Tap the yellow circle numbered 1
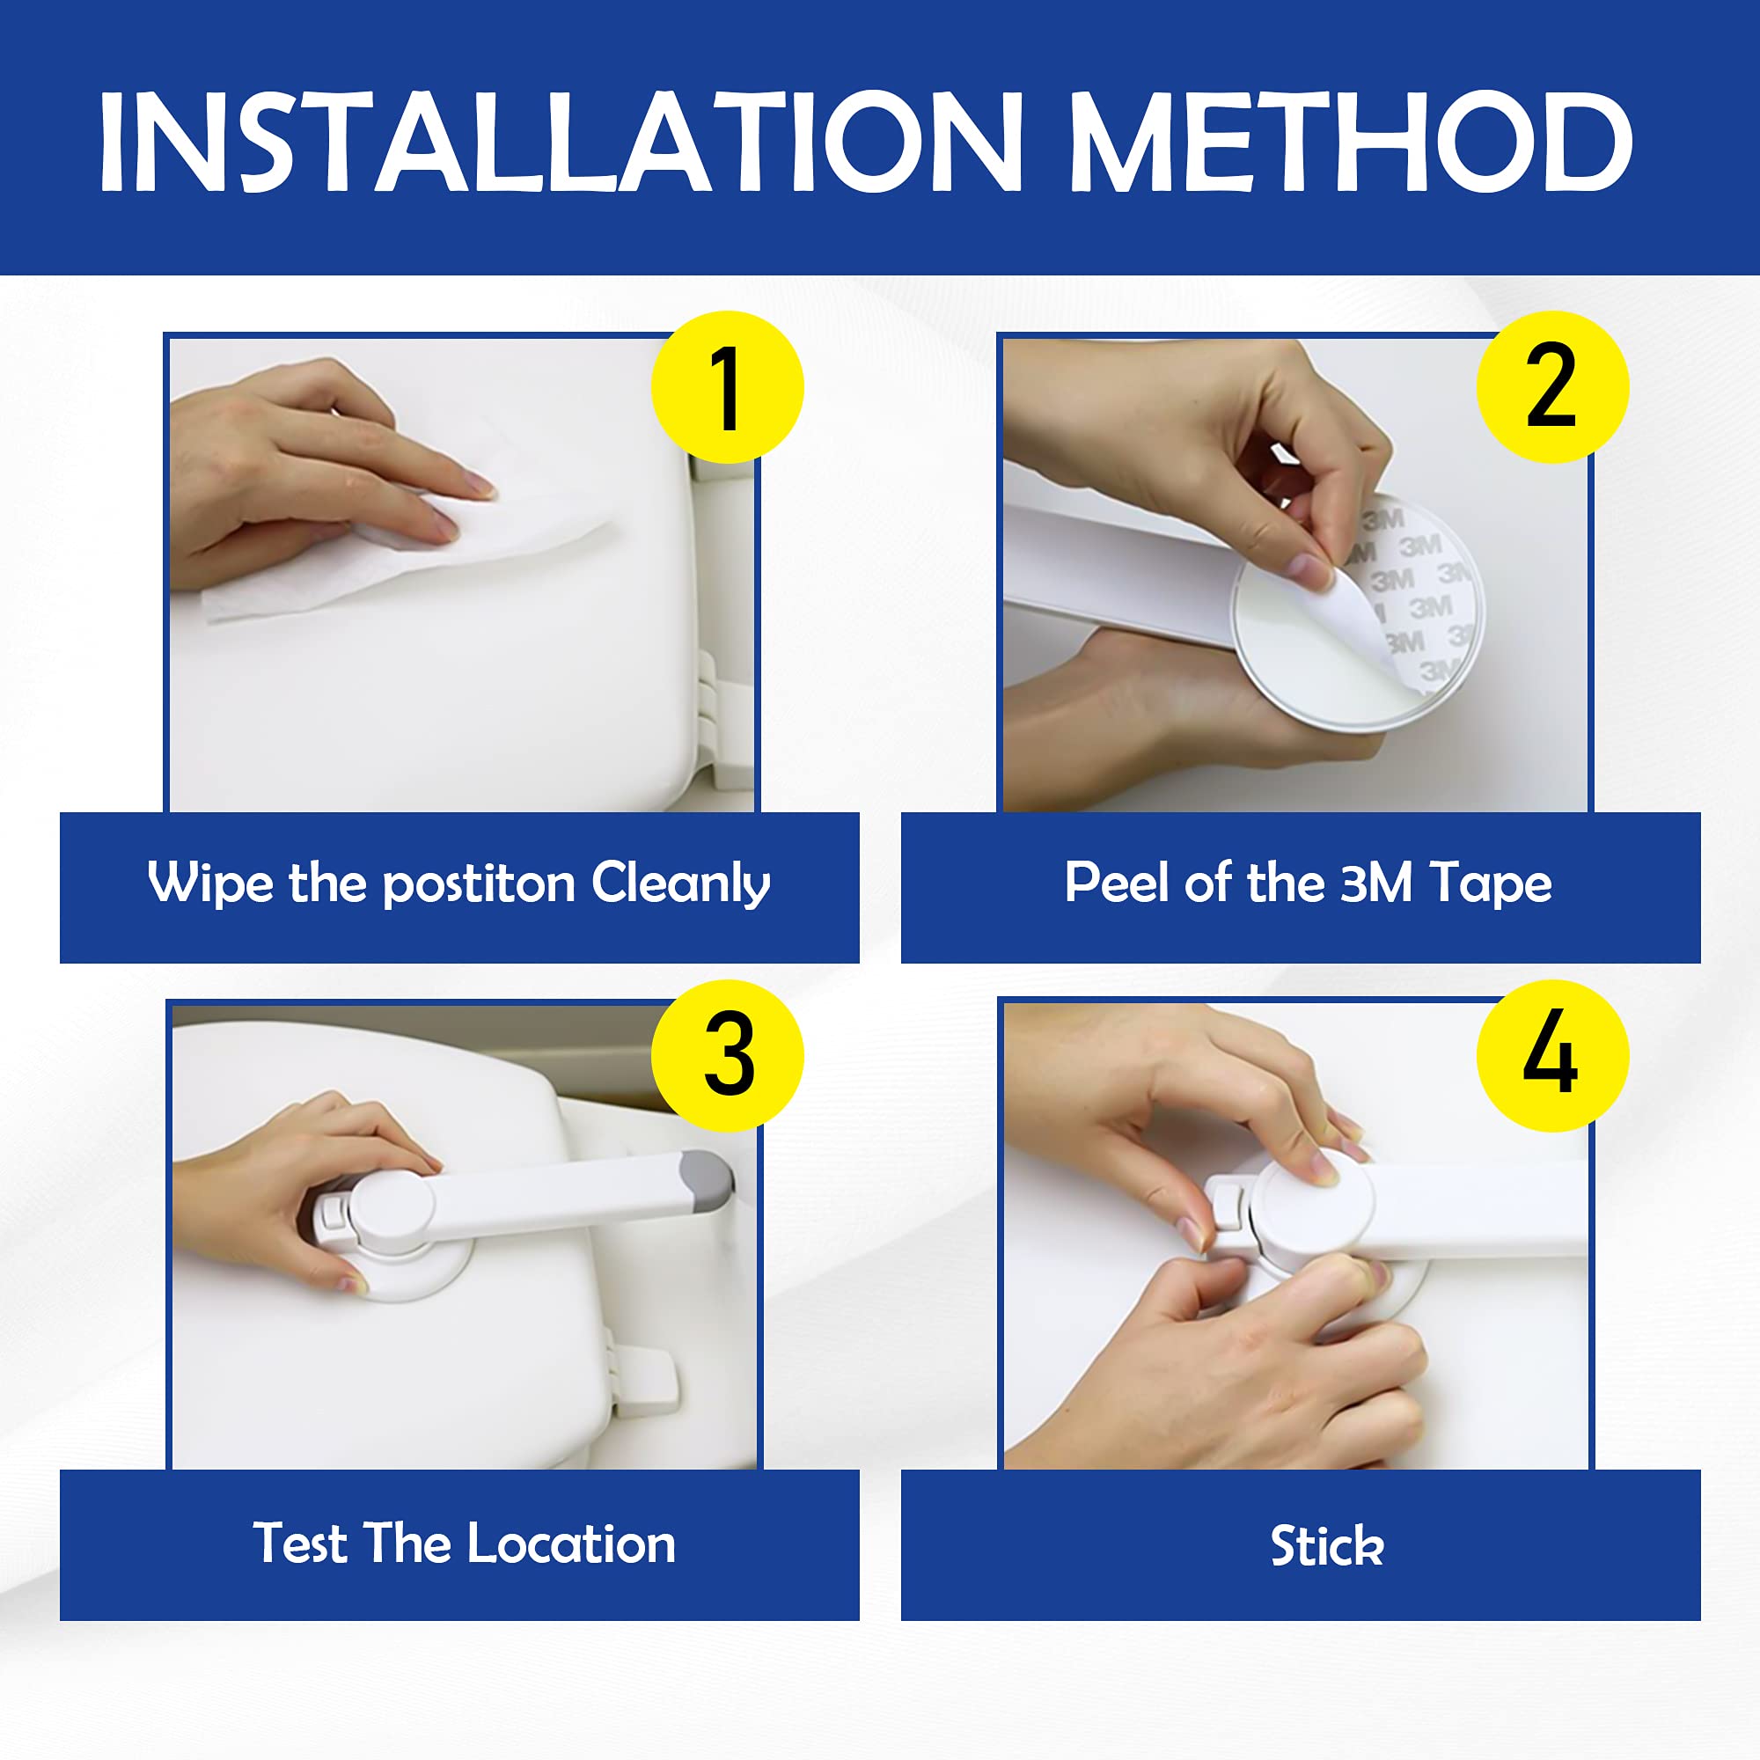click(727, 387)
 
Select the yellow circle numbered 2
click(1552, 387)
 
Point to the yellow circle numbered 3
click(727, 1056)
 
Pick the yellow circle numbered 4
click(1552, 1056)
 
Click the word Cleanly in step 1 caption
click(680, 884)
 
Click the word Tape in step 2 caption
click(1491, 884)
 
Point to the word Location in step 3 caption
click(571, 1544)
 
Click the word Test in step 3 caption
click(300, 1544)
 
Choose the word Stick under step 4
click(1327, 1546)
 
